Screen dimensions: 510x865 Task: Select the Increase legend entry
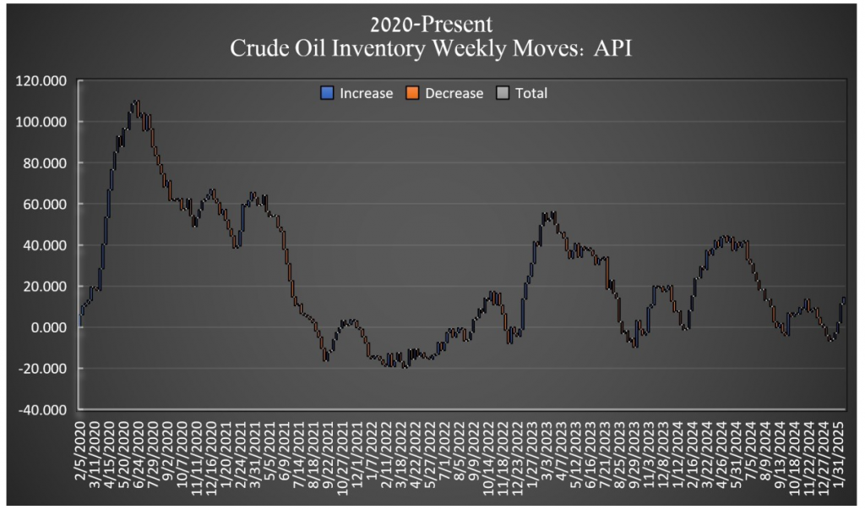pyautogui.click(x=366, y=93)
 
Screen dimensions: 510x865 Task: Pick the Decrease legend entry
pyautogui.click(x=454, y=93)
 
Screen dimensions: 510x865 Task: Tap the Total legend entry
pyautogui.click(x=530, y=93)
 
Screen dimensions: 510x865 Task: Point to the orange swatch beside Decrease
pyautogui.click(x=414, y=93)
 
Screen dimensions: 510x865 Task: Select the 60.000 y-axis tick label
pyautogui.click(x=45, y=204)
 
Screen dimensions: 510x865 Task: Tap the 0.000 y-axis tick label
pyautogui.click(x=48, y=327)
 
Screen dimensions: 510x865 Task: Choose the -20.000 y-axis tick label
pyautogui.click(x=43, y=369)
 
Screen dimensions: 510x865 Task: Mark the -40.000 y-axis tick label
pyautogui.click(x=43, y=409)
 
